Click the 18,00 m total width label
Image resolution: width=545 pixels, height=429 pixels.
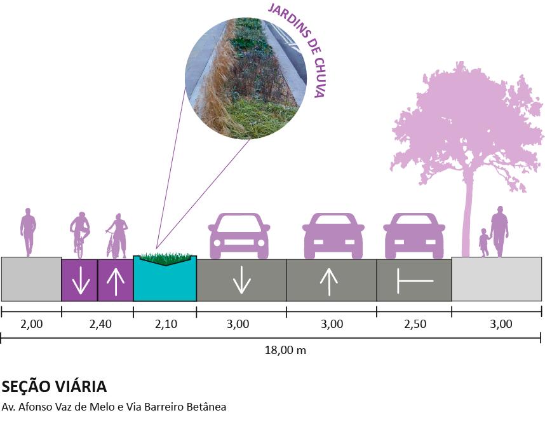286,350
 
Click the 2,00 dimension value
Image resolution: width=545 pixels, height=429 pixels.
31,324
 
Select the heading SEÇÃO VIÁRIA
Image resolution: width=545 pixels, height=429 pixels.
53,387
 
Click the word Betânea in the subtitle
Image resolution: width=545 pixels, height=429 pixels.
205,407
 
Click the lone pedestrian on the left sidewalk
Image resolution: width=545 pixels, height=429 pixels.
28,231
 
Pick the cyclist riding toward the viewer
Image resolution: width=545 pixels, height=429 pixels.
79,233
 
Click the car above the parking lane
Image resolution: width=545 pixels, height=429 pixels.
414,236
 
